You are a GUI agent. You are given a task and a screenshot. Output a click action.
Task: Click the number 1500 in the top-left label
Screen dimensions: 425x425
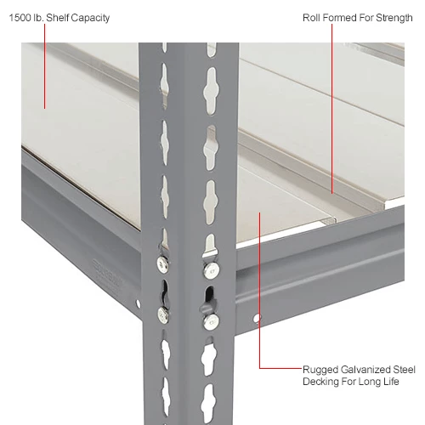pyautogui.click(x=20, y=18)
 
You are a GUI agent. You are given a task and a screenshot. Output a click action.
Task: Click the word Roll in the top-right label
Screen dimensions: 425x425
pyautogui.click(x=311, y=18)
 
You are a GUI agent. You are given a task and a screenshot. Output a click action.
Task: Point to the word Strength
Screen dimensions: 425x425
pyautogui.click(x=394, y=18)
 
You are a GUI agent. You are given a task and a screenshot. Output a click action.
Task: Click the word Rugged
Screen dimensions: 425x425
pyautogui.click(x=320, y=370)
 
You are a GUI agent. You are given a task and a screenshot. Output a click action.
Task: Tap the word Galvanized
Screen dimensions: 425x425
pyautogui.click(x=365, y=370)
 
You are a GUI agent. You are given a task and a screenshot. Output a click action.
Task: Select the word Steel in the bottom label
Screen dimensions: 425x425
pyautogui.click(x=404, y=370)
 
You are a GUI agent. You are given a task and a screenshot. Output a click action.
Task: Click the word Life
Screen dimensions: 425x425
pyautogui.click(x=391, y=382)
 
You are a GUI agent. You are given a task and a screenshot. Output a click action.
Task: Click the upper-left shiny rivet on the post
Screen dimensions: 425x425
pyautogui.click(x=162, y=264)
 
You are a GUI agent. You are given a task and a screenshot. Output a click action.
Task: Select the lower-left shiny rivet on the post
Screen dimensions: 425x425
pyautogui.click(x=163, y=314)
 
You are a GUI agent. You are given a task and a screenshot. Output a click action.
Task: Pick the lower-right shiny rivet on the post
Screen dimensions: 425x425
pyautogui.click(x=212, y=322)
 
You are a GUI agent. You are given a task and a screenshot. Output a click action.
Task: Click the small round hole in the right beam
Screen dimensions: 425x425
pyautogui.click(x=257, y=318)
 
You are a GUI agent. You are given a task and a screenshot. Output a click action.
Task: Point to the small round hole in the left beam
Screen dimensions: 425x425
pyautogui.click(x=138, y=303)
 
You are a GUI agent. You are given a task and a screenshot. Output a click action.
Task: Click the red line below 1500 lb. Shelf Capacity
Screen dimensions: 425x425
pyautogui.click(x=44, y=66)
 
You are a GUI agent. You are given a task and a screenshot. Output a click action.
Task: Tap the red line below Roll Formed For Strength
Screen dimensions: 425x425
pyautogui.click(x=332, y=109)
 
